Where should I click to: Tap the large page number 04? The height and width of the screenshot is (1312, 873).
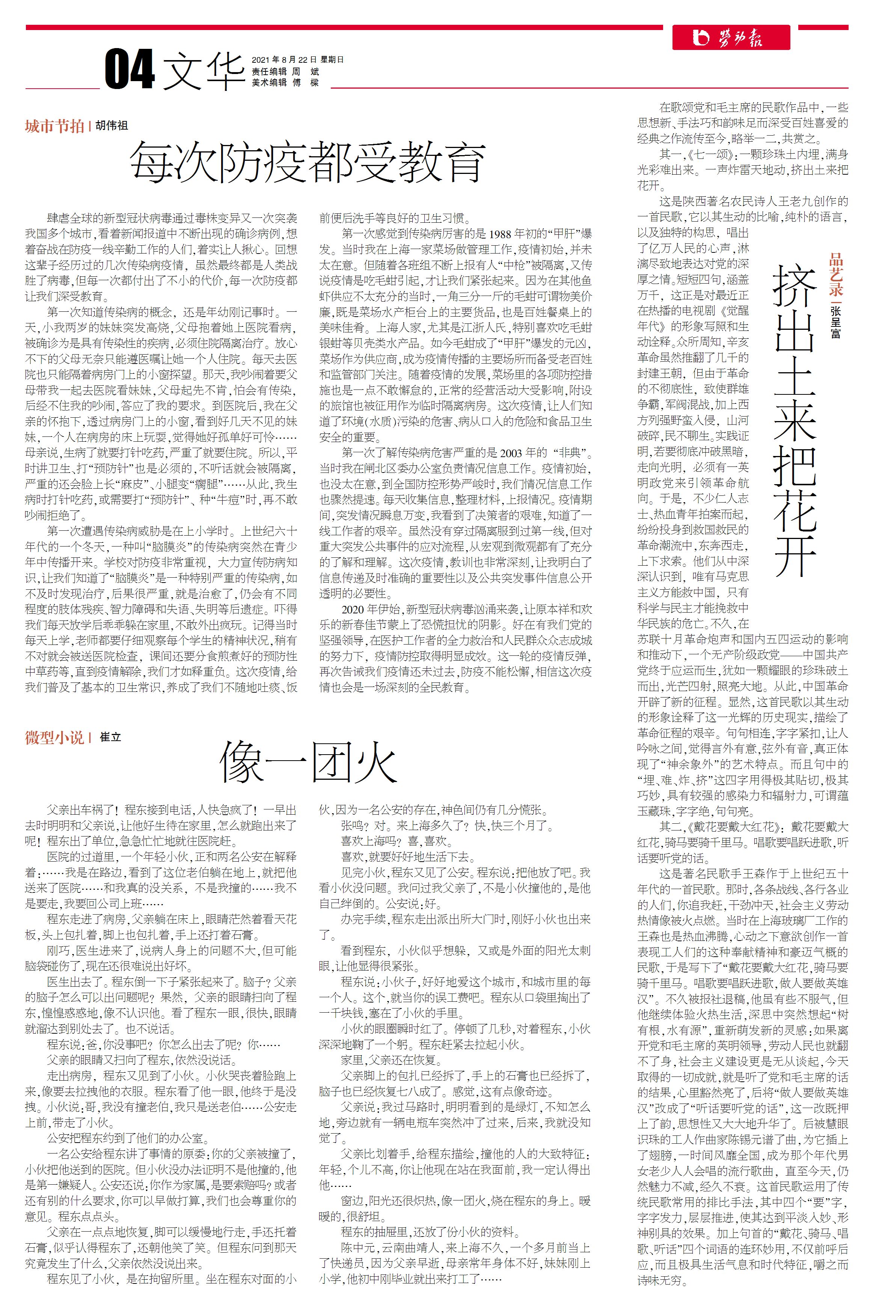coord(129,69)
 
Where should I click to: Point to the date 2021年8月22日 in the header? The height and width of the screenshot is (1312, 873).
coord(284,60)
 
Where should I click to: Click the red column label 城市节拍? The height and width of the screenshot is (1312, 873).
coord(54,127)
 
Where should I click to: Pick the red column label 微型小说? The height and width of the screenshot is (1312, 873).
coord(54,738)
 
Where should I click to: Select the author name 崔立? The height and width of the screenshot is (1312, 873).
coord(110,737)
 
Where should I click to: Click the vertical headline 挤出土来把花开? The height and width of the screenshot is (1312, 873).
coord(795,420)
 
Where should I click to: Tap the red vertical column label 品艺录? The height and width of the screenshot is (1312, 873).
coord(836,275)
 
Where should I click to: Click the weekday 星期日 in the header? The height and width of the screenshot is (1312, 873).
coord(332,60)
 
